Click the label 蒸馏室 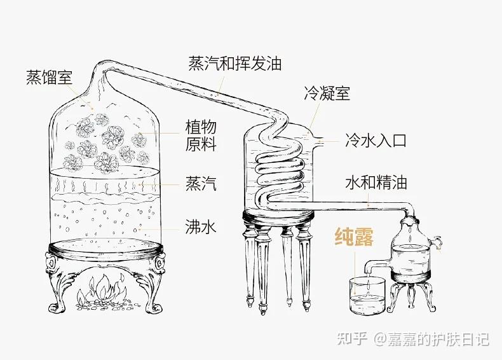(x=50, y=78)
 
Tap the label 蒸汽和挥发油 (x=234, y=64)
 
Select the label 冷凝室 (x=327, y=94)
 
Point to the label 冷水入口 (x=375, y=140)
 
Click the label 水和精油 (x=376, y=183)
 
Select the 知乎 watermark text (x=353, y=339)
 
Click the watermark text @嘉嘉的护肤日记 (x=431, y=339)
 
